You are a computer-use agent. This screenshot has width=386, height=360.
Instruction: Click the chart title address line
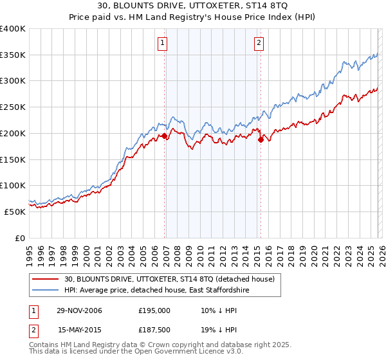193,6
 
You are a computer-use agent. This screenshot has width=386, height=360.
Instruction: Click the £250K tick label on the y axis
13,107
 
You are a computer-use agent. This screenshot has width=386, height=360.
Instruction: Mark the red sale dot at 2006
164,136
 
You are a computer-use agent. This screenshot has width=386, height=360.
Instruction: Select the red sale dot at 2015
261,139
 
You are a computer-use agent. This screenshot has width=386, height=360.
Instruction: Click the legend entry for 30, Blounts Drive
169,279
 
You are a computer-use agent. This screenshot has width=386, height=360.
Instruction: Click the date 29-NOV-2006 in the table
80,310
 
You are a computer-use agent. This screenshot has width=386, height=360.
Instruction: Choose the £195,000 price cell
154,310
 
